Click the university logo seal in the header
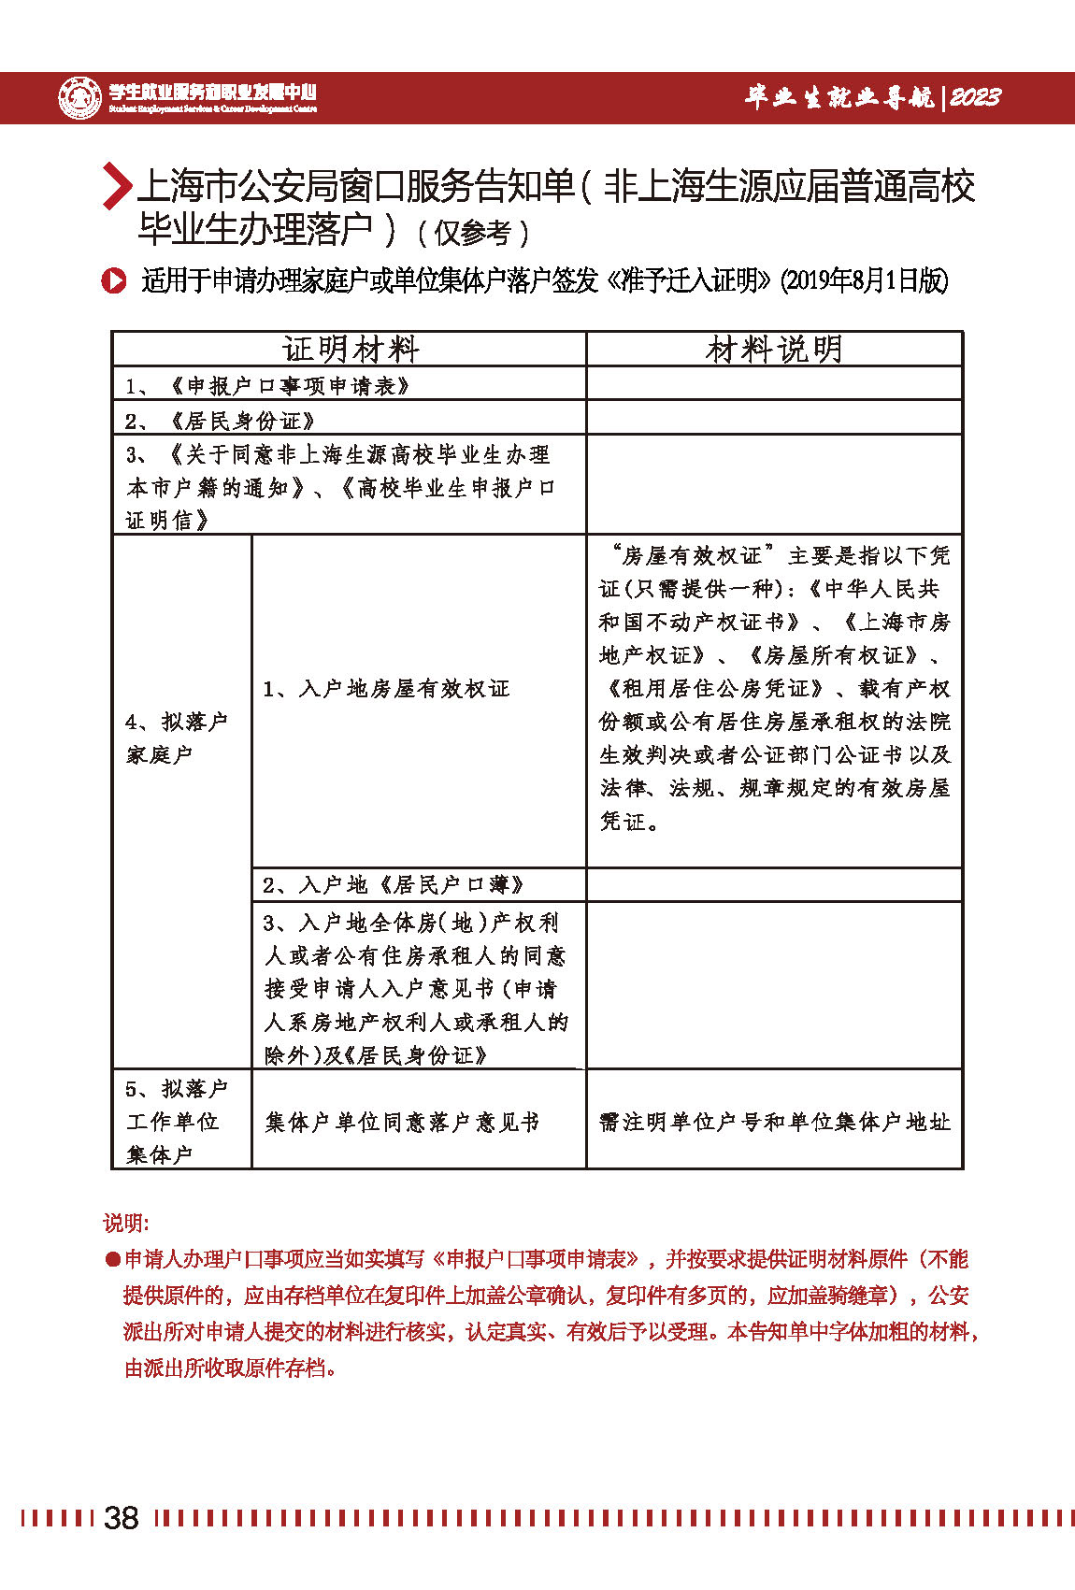79,97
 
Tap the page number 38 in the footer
122,1517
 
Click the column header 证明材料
350,350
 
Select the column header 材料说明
774,350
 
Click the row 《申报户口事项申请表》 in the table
290,385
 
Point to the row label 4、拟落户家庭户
176,738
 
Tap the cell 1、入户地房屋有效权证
386,689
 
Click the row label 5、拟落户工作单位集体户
176,1121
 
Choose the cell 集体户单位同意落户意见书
402,1122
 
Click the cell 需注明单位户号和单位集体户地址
774,1122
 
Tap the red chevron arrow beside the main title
116,185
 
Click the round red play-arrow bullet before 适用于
114,280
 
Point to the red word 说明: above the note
126,1223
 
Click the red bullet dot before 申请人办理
112,1260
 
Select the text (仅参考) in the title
472,232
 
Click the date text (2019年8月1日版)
864,280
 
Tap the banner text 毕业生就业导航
838,97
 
